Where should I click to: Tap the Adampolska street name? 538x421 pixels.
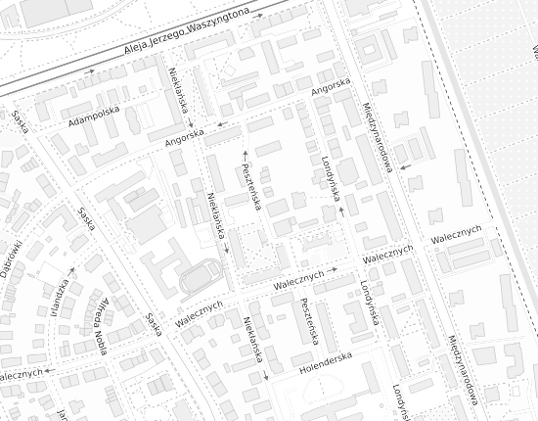[x=94, y=117]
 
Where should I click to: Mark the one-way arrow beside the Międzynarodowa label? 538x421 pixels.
[x=404, y=167]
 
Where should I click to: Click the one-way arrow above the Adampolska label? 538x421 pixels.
[x=90, y=71]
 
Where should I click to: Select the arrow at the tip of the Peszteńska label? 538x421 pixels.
[x=245, y=154]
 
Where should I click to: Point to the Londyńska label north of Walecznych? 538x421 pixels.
[x=329, y=176]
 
